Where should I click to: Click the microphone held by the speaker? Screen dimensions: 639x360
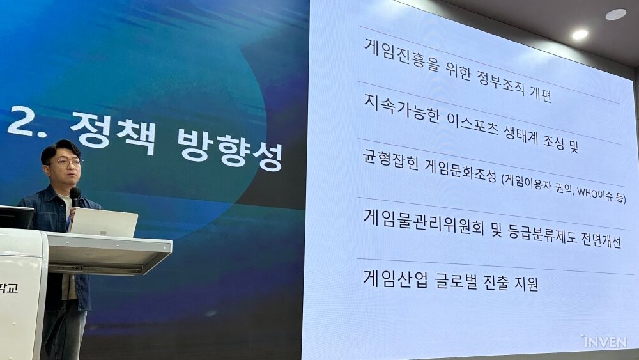coord(75,198)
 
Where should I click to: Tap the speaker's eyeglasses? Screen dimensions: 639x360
coord(65,162)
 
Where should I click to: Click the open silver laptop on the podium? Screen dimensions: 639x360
coord(104,222)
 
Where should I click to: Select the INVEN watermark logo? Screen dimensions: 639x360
coord(604,341)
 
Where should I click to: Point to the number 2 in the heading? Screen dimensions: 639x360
coord(20,121)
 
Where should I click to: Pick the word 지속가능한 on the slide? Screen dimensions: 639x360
coord(402,109)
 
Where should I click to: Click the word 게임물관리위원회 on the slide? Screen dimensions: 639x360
coord(424,223)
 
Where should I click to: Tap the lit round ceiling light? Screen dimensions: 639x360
coord(580,35)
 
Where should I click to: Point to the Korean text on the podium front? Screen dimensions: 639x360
coord(8,288)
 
